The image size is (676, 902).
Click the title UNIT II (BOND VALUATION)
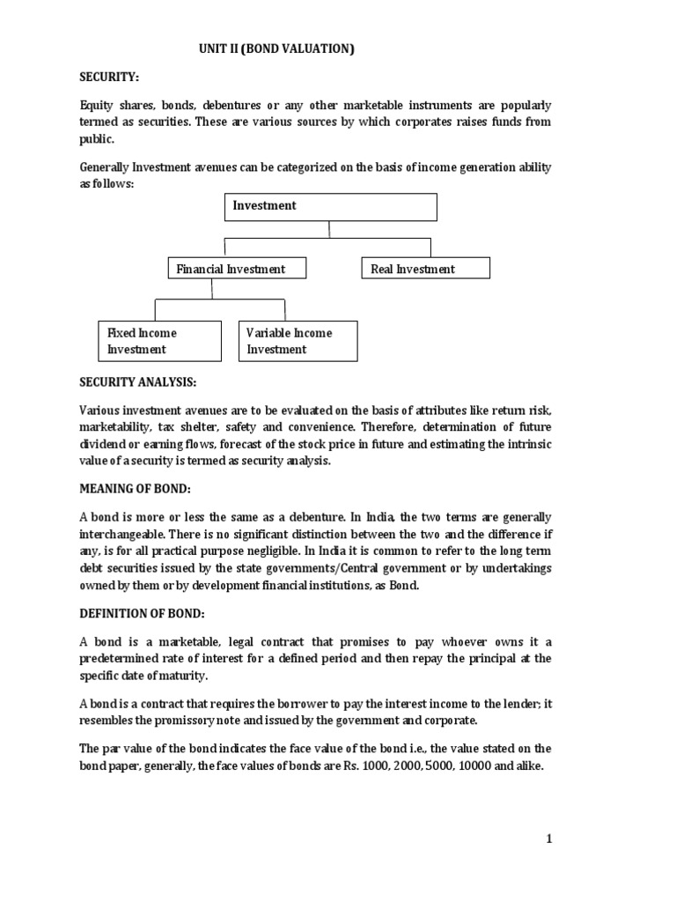pyautogui.click(x=276, y=50)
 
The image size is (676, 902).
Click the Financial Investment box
pyautogui.click(x=238, y=269)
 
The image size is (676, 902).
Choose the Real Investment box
pyautogui.click(x=425, y=269)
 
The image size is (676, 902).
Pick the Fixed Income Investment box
pyautogui.click(x=158, y=341)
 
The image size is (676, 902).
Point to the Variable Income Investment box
pyautogui.click(x=298, y=341)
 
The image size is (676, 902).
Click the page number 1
pyautogui.click(x=548, y=839)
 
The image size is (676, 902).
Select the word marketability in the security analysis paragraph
pyautogui.click(x=115, y=427)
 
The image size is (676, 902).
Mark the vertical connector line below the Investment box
pyautogui.click(x=329, y=229)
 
